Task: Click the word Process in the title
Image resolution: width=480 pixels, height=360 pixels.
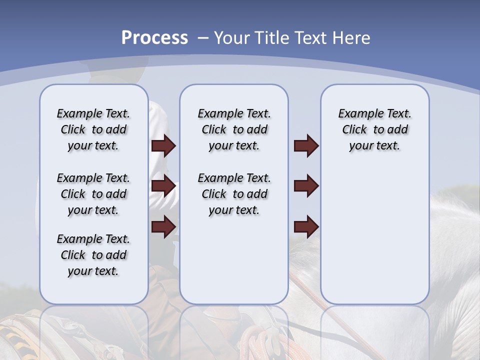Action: pyautogui.click(x=154, y=37)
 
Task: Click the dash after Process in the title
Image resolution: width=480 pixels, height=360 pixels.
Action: pyautogui.click(x=203, y=38)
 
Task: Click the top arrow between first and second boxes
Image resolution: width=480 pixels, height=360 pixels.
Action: pyautogui.click(x=163, y=145)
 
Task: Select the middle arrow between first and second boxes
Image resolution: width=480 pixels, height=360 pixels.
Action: pyautogui.click(x=163, y=186)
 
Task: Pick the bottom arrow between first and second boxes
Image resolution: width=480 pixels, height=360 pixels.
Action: pyautogui.click(x=163, y=227)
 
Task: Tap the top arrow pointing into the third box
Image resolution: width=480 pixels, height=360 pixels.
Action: pyautogui.click(x=306, y=145)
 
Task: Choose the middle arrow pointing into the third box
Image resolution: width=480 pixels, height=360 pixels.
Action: pyautogui.click(x=306, y=186)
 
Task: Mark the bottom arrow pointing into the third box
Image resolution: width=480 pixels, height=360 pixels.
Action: pyautogui.click(x=306, y=227)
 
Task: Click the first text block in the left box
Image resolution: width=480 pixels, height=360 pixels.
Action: pyautogui.click(x=93, y=129)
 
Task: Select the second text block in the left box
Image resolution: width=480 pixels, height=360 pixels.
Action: pyautogui.click(x=93, y=194)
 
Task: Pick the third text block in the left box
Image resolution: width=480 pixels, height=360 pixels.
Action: pyautogui.click(x=93, y=255)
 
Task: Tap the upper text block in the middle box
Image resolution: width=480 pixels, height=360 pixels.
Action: pyautogui.click(x=234, y=129)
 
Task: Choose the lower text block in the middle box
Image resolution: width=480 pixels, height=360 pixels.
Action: pyautogui.click(x=234, y=194)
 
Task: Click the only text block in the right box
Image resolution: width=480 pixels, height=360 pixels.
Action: pyautogui.click(x=374, y=129)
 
